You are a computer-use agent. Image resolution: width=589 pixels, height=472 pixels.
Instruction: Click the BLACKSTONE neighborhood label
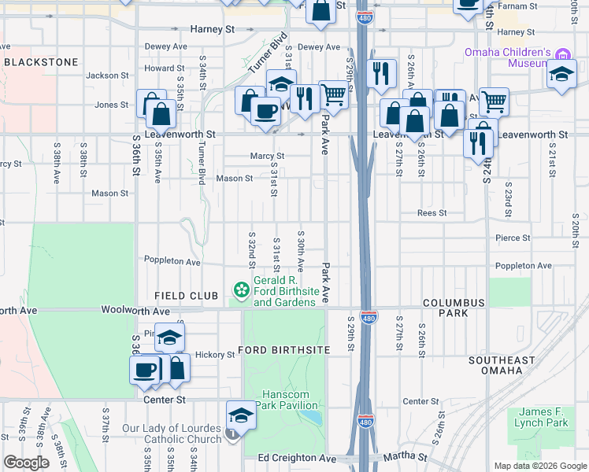[x=41, y=61]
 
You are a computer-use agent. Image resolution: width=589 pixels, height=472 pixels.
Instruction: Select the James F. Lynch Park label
[x=544, y=417]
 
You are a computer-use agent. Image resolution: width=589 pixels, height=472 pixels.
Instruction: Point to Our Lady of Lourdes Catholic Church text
[x=172, y=434]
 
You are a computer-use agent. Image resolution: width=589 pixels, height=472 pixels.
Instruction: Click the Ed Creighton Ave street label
[x=290, y=458]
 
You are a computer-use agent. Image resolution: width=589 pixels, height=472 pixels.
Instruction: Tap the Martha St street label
[x=405, y=456]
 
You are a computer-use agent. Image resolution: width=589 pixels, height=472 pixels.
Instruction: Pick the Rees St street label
[x=432, y=212]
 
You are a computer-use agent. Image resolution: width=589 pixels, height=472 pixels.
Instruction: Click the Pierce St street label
[x=513, y=237]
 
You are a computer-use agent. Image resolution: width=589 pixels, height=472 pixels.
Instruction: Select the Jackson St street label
[x=107, y=76]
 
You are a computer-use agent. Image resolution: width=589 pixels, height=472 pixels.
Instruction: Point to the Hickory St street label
[x=215, y=355]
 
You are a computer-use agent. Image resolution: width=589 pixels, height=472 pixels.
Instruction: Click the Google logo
[x=27, y=463]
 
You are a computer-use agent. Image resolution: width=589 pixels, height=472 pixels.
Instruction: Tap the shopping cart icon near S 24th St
[x=494, y=100]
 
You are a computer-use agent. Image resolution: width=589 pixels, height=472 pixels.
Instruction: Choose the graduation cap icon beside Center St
[x=241, y=415]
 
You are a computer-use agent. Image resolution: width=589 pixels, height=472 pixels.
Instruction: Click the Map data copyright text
[x=539, y=466]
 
